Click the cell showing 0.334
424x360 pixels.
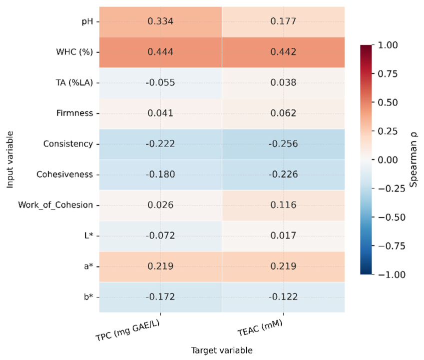pos(160,21)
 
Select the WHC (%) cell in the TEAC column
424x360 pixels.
pos(283,52)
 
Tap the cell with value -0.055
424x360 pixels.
pos(160,82)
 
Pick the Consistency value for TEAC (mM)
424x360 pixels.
pos(283,143)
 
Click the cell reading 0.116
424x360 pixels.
pos(283,205)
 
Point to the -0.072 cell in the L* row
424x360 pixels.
pos(160,235)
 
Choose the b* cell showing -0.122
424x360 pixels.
pos(283,297)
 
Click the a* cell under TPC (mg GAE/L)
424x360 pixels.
pos(160,266)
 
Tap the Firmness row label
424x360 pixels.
pos(74,113)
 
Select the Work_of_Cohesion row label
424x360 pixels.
pos(55,205)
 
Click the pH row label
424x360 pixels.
pos(87,21)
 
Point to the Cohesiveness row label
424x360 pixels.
pos(64,174)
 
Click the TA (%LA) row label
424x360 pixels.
pos(74,82)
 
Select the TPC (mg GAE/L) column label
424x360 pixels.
pos(128,330)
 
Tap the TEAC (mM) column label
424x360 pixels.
pos(260,328)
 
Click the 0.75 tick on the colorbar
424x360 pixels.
pos(388,73)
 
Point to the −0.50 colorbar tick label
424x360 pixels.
pos(391,217)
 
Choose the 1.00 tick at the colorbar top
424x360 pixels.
pos(388,45)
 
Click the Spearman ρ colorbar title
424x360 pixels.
pos(414,159)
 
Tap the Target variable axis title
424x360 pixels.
pos(222,350)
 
